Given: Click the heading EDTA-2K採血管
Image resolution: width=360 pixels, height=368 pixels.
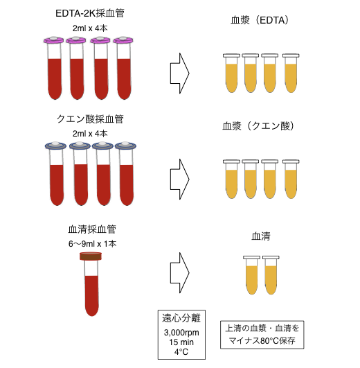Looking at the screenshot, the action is (x=90, y=13).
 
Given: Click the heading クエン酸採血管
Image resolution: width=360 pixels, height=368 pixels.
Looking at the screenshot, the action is (x=90, y=119).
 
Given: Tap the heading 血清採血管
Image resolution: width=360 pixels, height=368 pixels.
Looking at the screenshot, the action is (x=92, y=229).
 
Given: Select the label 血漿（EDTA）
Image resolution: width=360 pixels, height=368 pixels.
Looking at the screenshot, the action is (x=260, y=20).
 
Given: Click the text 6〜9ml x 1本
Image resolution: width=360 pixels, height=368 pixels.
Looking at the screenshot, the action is (x=92, y=244).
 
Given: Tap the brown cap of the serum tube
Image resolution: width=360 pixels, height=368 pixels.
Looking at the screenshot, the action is (x=91, y=256).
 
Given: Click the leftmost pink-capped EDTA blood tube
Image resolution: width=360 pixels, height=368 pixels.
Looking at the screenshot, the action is (x=55, y=68).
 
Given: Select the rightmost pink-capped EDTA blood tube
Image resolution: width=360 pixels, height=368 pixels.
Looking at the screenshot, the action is (x=124, y=68).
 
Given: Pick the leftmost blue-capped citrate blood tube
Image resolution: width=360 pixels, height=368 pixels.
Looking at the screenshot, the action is (x=56, y=174).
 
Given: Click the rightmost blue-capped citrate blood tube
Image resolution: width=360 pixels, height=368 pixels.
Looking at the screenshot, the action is (x=126, y=174).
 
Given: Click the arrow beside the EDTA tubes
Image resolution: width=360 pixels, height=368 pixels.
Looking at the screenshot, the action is (x=179, y=73).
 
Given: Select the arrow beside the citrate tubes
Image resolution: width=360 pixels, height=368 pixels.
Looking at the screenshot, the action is (x=179, y=179).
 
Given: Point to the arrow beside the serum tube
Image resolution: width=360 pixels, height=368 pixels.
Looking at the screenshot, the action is (x=179, y=273).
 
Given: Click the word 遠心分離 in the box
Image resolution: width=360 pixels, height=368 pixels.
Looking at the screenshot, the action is (x=181, y=318).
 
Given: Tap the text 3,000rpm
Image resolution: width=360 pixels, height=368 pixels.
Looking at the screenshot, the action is (x=181, y=333).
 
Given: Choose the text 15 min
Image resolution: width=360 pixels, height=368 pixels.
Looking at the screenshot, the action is (x=181, y=342).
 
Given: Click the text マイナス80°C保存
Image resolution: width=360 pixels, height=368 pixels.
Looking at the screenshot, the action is (x=262, y=340).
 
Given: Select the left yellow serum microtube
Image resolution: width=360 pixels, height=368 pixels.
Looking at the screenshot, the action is (x=252, y=275).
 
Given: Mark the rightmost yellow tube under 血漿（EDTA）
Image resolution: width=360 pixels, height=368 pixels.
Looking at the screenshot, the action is (x=291, y=73).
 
